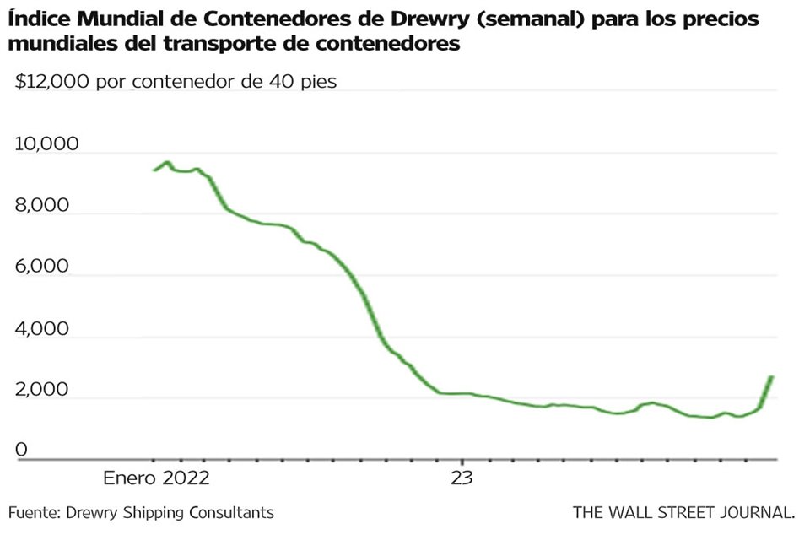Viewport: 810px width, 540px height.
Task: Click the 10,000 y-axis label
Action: [46, 144]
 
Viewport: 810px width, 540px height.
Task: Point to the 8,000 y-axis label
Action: [43, 205]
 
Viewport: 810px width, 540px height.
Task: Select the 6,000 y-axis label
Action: [43, 267]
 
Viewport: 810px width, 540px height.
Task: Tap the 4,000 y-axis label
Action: [43, 328]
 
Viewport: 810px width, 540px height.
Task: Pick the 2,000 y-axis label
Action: [43, 390]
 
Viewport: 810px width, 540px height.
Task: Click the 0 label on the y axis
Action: [22, 451]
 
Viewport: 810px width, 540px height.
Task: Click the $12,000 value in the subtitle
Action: [51, 82]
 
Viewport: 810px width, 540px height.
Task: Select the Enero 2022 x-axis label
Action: [156, 478]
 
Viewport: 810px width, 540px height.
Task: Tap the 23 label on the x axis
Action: [462, 478]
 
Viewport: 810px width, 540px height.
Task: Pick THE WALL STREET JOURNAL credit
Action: [683, 512]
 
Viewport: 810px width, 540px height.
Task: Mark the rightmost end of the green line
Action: [771, 377]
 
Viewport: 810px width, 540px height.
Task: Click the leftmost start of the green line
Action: [154, 170]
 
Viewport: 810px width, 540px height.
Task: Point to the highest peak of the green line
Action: [167, 162]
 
